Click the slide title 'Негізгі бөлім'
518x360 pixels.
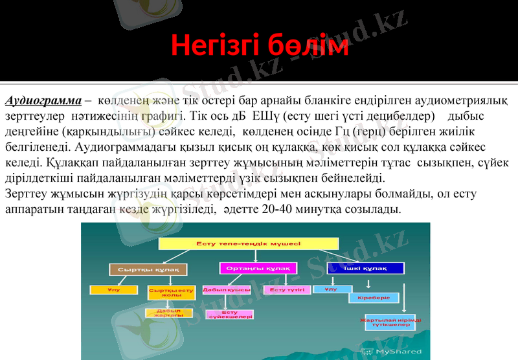coord(260,46)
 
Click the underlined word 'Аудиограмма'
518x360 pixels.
coord(43,101)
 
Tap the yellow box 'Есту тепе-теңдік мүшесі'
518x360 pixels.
coord(248,243)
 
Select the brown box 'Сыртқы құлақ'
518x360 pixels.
coord(148,269)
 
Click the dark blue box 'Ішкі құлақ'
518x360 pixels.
coord(365,267)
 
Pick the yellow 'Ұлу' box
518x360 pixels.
coord(113,289)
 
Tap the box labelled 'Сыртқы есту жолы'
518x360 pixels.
coord(171,293)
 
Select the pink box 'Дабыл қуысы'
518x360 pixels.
coord(226,289)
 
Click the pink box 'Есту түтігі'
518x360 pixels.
coord(287,289)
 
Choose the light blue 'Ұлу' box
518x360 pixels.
coord(332,289)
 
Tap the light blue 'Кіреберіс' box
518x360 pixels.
coord(374,298)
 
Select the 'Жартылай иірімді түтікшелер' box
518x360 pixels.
coord(389,322)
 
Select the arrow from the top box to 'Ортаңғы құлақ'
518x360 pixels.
coord(258,256)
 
